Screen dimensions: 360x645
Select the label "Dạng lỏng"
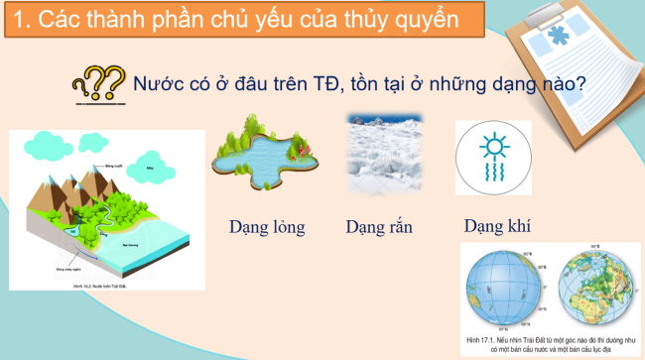(264, 227)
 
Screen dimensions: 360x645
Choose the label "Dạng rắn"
(379, 227)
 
